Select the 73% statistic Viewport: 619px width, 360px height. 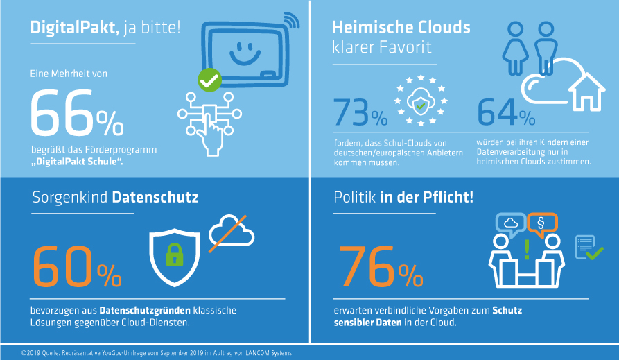pos(360,112)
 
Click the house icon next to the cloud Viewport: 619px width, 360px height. pos(584,92)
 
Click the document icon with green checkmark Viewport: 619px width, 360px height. pos(588,248)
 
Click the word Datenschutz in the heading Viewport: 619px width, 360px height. pos(156,198)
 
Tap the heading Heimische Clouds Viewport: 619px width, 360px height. pos(401,28)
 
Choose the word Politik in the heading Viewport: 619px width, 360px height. pos(354,198)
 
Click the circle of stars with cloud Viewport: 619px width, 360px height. pos(420,104)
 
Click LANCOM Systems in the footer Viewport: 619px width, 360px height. pos(266,353)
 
